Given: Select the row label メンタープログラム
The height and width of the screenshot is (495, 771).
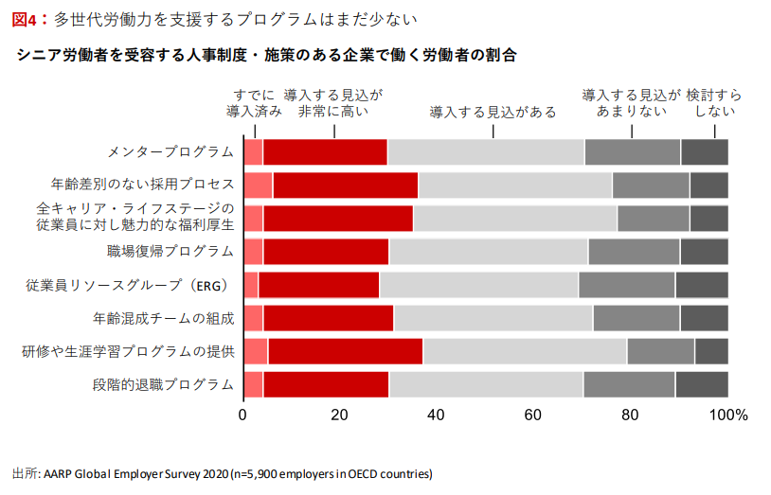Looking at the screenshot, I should (x=170, y=152).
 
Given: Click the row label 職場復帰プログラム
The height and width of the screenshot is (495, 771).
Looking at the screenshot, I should (x=170, y=252).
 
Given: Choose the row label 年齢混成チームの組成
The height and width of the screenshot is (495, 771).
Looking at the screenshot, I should (x=164, y=318).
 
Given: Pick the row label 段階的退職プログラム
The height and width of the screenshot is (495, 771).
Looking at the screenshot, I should (x=164, y=384).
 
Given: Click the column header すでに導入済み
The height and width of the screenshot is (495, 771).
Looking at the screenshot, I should (x=254, y=103).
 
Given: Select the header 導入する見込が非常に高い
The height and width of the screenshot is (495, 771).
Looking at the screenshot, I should (x=332, y=103).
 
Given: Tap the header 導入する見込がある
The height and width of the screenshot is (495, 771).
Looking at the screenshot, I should (x=493, y=112).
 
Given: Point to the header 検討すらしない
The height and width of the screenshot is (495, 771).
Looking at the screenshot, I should (x=713, y=103).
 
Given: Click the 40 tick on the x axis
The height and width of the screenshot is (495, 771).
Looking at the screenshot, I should (x=437, y=415).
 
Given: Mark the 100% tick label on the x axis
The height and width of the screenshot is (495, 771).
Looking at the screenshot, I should (x=728, y=415).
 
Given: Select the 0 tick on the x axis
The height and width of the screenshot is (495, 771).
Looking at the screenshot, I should (x=243, y=415).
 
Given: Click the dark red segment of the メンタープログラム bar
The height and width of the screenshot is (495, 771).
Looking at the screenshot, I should (x=325, y=152).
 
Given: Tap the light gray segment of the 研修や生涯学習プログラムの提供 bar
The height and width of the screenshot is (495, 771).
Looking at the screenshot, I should (x=524, y=351).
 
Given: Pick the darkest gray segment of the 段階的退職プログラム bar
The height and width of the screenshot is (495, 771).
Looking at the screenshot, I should (x=701, y=384).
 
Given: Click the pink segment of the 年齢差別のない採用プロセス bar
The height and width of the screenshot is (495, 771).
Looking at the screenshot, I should (x=258, y=186).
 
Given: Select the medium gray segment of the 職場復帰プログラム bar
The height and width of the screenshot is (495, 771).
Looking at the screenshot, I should (x=634, y=252).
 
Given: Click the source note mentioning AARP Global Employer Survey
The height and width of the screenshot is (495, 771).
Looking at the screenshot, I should (x=223, y=474).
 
